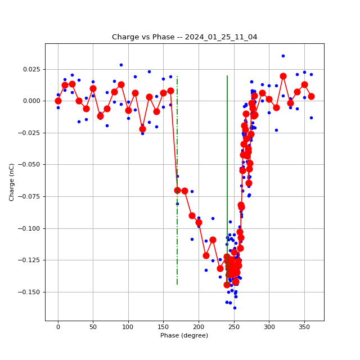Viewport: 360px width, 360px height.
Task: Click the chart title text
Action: [184, 37]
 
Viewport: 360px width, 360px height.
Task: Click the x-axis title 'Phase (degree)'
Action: [184, 336]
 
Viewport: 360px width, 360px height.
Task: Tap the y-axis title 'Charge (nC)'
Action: [12, 182]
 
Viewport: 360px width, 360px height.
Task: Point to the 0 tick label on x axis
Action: [58, 327]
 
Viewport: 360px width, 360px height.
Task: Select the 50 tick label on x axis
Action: [93, 327]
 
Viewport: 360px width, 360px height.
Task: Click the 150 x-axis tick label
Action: [163, 327]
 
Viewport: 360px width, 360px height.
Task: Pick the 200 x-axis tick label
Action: [199, 327]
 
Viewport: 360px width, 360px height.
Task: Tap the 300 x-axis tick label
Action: [269, 327]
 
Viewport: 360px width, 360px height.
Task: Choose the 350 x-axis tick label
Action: [304, 327]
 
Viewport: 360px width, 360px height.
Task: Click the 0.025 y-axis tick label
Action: [32, 70]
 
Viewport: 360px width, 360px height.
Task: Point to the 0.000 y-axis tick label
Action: [32, 101]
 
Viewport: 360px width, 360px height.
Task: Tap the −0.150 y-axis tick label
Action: [30, 292]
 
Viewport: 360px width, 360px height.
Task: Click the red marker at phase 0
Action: [58, 101]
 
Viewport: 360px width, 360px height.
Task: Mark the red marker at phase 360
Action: [311, 96]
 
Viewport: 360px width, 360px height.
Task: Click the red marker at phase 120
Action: [142, 129]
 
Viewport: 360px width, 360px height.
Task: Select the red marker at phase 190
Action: [192, 215]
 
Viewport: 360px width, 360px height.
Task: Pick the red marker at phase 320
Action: [283, 76]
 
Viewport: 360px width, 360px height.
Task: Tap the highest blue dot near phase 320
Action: [283, 56]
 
